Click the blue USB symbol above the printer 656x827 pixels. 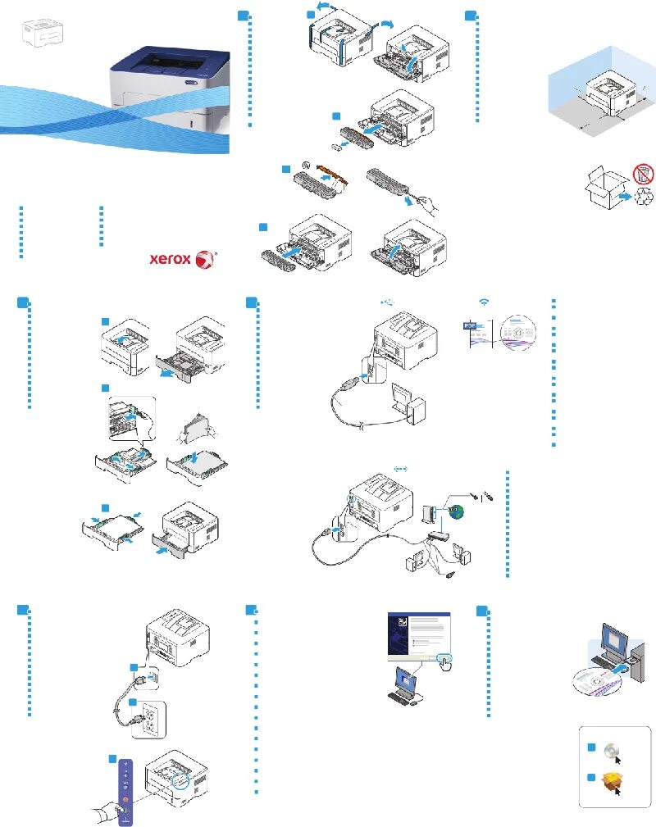pyautogui.click(x=389, y=302)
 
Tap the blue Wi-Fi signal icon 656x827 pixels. pyautogui.click(x=485, y=302)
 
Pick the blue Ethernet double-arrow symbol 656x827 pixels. pyautogui.click(x=401, y=468)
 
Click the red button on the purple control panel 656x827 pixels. pyautogui.click(x=125, y=798)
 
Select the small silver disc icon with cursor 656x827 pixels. pyautogui.click(x=610, y=750)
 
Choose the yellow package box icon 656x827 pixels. pyautogui.click(x=610, y=781)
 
